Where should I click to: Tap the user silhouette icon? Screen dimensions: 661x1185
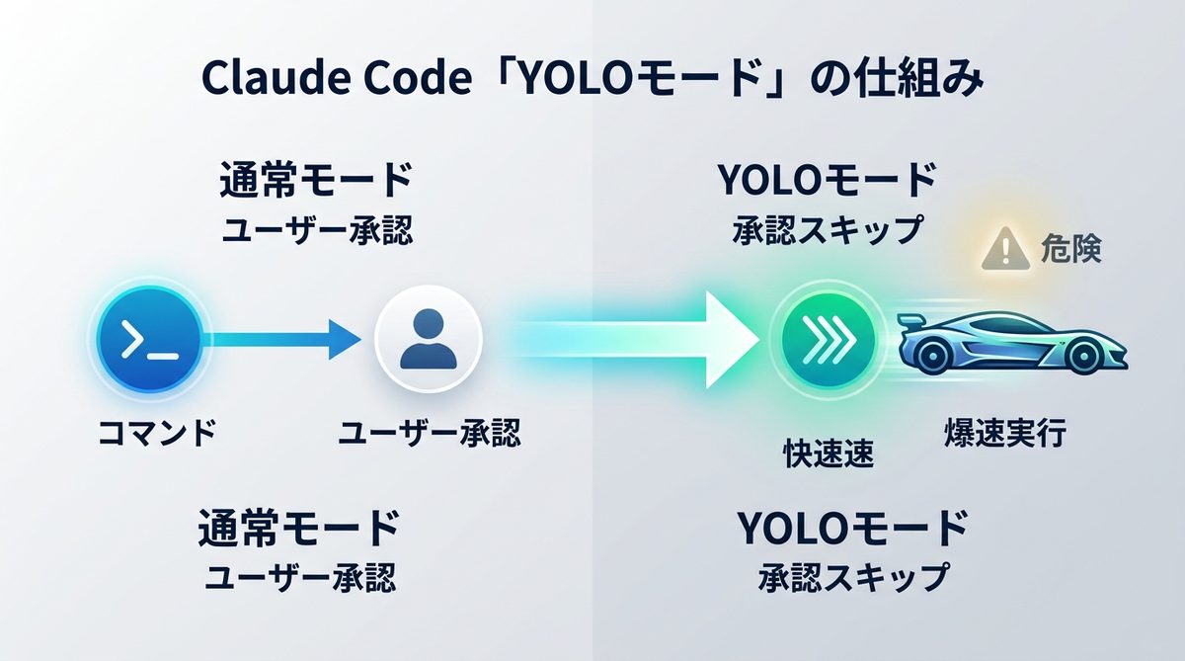click(428, 340)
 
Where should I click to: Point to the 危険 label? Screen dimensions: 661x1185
click(1070, 250)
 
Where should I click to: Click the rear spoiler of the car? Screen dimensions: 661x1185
click(912, 323)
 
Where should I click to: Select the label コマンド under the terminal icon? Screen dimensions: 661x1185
click(157, 433)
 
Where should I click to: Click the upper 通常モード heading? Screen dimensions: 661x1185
click(314, 182)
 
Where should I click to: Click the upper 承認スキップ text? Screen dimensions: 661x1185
click(828, 230)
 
